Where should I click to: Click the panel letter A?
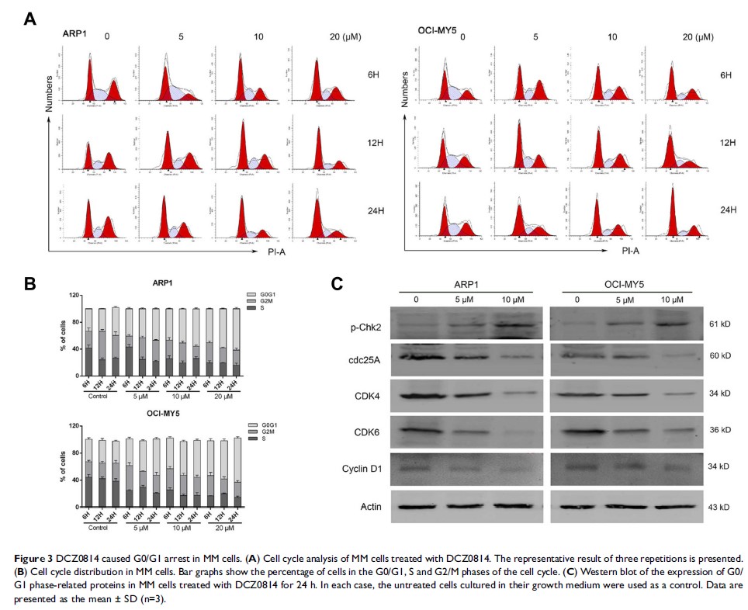(x=30, y=17)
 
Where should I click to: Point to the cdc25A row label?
(x=369, y=359)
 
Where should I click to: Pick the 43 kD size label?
(x=719, y=506)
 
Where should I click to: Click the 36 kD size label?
(x=719, y=430)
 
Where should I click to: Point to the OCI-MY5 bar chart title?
(x=173, y=414)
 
